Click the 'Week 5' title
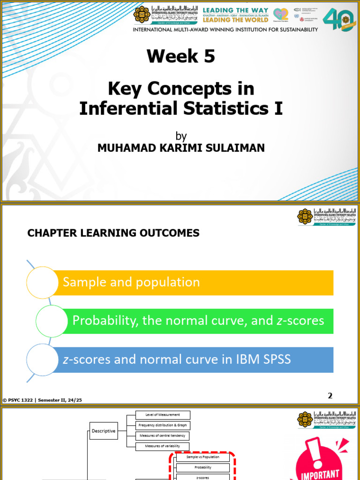tap(180, 56)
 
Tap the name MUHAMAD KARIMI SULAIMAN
tap(180, 148)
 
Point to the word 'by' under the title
tap(181, 136)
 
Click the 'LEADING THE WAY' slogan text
tap(235, 10)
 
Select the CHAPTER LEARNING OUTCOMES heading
tap(113, 233)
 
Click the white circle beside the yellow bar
tap(42, 282)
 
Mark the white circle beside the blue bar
tap(42, 360)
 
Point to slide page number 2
tap(330, 396)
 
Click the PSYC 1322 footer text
tap(45, 400)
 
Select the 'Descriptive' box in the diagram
tap(103, 431)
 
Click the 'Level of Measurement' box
tap(163, 415)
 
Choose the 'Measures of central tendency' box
tap(163, 436)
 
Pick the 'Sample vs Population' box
tap(202, 457)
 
